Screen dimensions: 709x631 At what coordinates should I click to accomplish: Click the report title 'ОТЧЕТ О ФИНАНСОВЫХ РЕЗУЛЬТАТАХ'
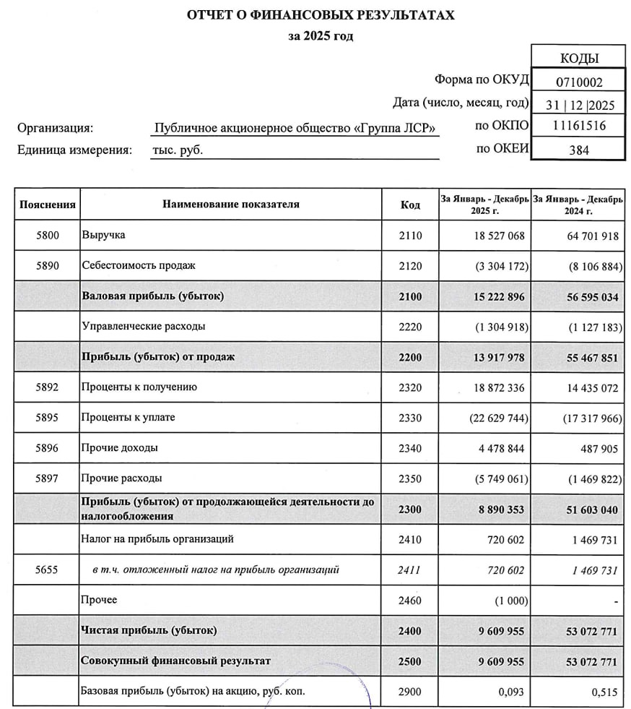(321, 14)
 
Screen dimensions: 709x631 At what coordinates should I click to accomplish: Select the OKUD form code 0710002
(579, 82)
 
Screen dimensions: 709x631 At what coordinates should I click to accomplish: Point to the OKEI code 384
(579, 150)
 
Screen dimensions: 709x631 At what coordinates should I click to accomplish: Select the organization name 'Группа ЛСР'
(295, 129)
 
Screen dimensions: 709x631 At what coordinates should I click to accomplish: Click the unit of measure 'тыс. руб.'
(178, 150)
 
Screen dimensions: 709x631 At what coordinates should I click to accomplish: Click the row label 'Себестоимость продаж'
(139, 265)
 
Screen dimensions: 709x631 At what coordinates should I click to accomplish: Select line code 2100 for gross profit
(410, 296)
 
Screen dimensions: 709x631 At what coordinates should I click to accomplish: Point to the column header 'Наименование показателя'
(230, 205)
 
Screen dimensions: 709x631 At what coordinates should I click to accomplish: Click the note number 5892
(48, 387)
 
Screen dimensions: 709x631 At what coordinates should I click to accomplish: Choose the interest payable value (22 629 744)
(499, 418)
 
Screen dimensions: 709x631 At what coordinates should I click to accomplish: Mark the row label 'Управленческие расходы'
(144, 327)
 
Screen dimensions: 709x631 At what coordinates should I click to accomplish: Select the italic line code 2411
(410, 570)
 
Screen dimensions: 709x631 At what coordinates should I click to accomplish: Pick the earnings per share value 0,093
(512, 692)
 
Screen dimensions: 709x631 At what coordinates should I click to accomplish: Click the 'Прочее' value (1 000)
(510, 601)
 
